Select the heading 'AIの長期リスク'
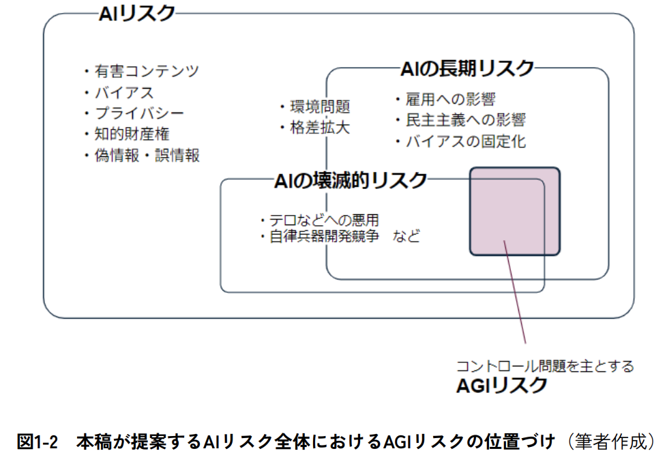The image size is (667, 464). click(x=466, y=68)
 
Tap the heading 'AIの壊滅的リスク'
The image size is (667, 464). click(x=350, y=180)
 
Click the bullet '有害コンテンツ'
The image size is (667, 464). click(x=147, y=71)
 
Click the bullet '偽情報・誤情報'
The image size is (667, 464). click(x=147, y=156)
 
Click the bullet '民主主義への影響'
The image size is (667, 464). click(x=465, y=121)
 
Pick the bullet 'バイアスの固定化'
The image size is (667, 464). click(x=465, y=142)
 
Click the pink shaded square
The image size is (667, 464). click(x=514, y=211)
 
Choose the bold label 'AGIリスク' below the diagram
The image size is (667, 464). click(x=501, y=386)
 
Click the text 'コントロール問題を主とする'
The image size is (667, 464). click(x=545, y=366)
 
